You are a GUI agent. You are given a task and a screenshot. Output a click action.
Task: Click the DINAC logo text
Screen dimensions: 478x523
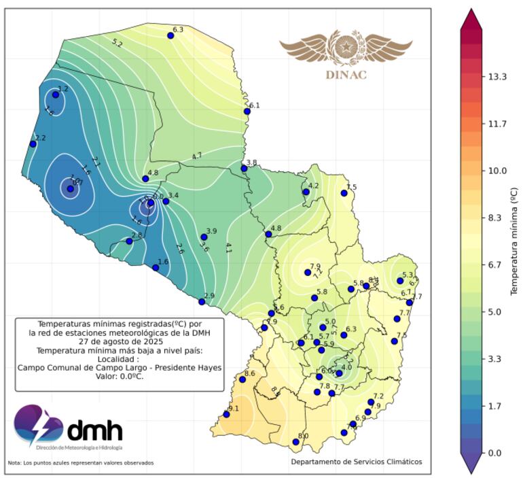[346, 75]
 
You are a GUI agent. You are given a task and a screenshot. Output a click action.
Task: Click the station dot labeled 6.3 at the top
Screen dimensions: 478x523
[171, 35]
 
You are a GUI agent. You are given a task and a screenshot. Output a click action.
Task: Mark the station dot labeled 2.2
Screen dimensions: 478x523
[33, 143]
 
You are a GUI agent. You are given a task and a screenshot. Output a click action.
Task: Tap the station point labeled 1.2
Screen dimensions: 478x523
[56, 95]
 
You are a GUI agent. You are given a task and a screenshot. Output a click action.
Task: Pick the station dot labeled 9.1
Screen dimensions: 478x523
[227, 415]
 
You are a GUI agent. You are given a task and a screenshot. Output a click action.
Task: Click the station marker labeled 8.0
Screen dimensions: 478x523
[296, 442]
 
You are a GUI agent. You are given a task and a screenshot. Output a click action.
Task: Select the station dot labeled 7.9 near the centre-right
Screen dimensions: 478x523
[308, 273]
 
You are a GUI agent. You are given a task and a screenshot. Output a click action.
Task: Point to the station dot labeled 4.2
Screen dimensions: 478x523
[306, 192]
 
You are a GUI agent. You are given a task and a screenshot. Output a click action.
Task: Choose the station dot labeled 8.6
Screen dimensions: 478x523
[242, 379]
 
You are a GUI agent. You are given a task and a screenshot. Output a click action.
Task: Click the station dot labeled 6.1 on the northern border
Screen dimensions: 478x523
[247, 112]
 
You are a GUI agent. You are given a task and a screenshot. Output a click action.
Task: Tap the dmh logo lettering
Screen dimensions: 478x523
[94, 430]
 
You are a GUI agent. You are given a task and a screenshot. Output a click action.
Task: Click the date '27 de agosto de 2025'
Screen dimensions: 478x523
[119, 342]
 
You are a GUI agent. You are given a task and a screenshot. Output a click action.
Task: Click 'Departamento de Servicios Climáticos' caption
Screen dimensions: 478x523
[357, 462]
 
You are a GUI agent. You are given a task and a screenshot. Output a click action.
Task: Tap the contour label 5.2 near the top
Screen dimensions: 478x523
[117, 43]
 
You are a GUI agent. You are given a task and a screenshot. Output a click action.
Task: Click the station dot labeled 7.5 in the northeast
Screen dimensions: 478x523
[344, 193]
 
